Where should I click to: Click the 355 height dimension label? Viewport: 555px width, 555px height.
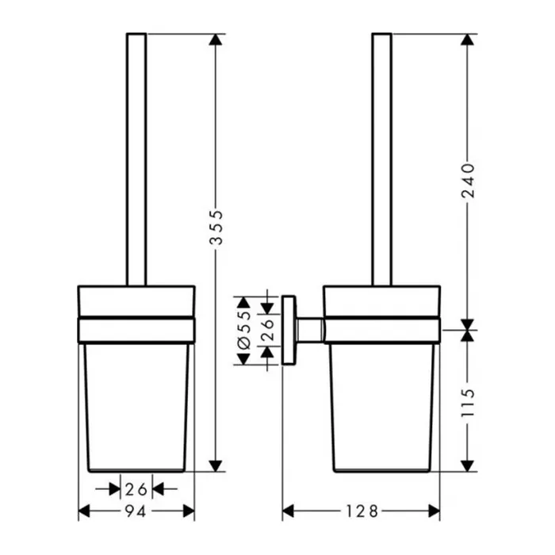pyautogui.click(x=216, y=228)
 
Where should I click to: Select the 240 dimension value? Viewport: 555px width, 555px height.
pyautogui.click(x=468, y=180)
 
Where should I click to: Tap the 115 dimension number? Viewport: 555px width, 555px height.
pyautogui.click(x=468, y=403)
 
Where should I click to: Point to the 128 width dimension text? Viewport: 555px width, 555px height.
pyautogui.click(x=362, y=511)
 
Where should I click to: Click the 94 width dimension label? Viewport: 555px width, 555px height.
pyautogui.click(x=136, y=511)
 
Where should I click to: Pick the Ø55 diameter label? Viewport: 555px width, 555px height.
pyautogui.click(x=244, y=331)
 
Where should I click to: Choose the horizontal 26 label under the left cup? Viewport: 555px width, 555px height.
pyautogui.click(x=136, y=489)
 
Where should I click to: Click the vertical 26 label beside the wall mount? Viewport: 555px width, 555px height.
pyautogui.click(x=268, y=331)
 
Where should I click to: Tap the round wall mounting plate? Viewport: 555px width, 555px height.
pyautogui.click(x=289, y=330)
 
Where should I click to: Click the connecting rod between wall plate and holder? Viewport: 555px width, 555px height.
pyautogui.click(x=310, y=330)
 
